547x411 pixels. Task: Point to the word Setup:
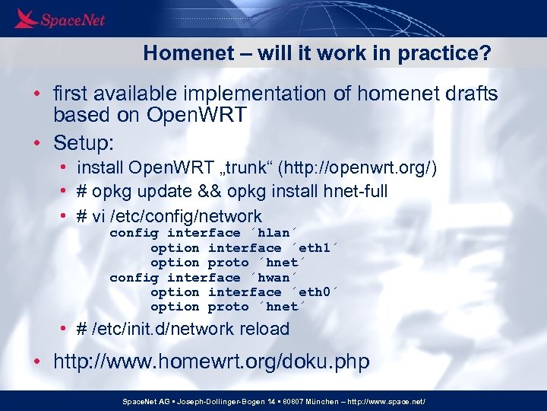pyautogui.click(x=83, y=142)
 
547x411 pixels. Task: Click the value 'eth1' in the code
pyautogui.click(x=313, y=247)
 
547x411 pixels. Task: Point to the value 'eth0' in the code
pyautogui.click(x=313, y=292)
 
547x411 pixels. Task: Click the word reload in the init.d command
pyautogui.click(x=262, y=329)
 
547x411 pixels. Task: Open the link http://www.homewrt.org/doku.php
pyautogui.click(x=211, y=362)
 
